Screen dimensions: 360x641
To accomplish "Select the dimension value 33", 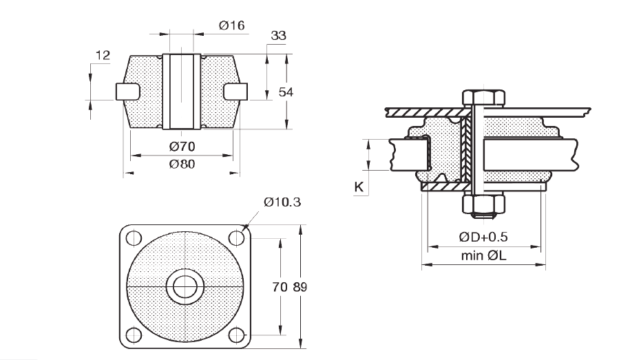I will click(279, 35).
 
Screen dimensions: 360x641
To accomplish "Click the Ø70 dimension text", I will click(181, 146).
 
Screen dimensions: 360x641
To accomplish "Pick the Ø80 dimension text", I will click(181, 165).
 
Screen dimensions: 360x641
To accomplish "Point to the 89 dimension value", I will click(300, 287).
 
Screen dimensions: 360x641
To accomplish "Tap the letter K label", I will click(358, 187).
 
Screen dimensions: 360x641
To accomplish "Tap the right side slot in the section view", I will click(236, 91).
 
